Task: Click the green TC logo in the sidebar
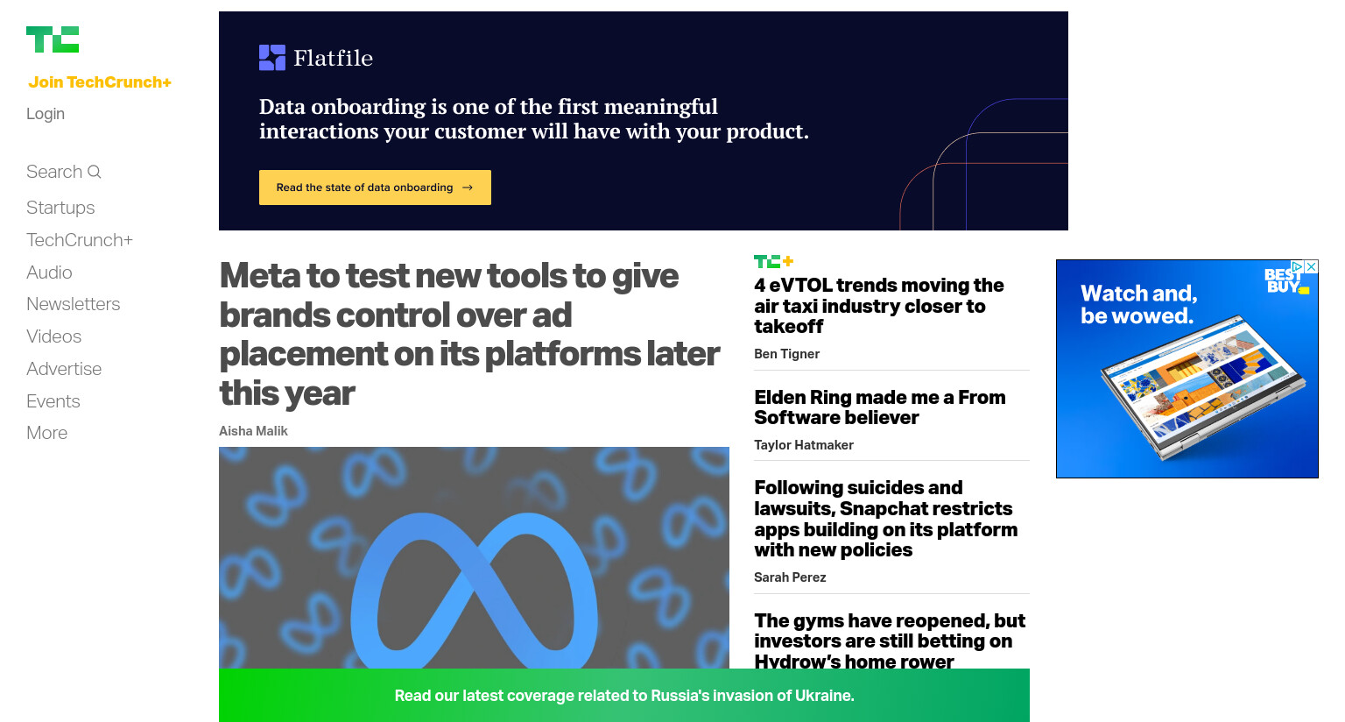[x=53, y=39]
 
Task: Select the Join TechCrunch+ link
[x=100, y=82]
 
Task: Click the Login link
[x=46, y=114]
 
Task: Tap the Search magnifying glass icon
[x=95, y=172]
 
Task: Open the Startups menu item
[x=60, y=208]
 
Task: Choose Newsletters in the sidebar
[x=74, y=304]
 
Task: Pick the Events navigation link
[x=53, y=400]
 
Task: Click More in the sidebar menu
[x=46, y=433]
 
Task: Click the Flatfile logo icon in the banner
[x=272, y=58]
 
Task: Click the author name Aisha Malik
[x=253, y=431]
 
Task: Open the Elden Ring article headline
[x=880, y=407]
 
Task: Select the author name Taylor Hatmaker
[x=803, y=445]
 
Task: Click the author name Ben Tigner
[x=786, y=354]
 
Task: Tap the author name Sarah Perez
[x=790, y=577]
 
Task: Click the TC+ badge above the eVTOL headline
[x=774, y=261]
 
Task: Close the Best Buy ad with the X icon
[x=1312, y=266]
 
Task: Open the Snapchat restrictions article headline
[x=885, y=519]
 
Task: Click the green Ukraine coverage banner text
[x=623, y=696]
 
